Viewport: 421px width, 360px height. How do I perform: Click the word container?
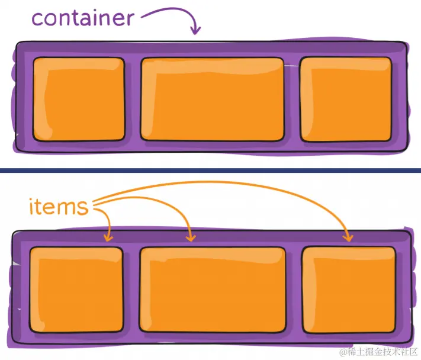pyautogui.click(x=83, y=18)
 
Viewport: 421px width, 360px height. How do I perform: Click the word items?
pyautogui.click(x=59, y=207)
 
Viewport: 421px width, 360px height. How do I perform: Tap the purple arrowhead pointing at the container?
pyautogui.click(x=195, y=30)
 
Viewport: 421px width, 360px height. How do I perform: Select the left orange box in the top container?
pyautogui.click(x=79, y=99)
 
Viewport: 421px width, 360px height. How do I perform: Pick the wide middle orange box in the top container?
pyautogui.click(x=213, y=99)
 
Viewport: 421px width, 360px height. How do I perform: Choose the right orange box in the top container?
pyautogui.click(x=346, y=99)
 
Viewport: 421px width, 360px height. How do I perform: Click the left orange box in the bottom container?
pyautogui.click(x=76, y=290)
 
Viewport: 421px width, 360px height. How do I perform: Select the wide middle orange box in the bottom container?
pyautogui.click(x=213, y=290)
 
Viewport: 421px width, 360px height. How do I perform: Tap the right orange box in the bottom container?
pyautogui.click(x=349, y=290)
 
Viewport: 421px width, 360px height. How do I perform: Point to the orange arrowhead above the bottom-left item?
pyautogui.click(x=108, y=237)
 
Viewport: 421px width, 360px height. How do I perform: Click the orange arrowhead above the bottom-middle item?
pyautogui.click(x=191, y=237)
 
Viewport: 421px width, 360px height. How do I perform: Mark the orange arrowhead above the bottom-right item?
pyautogui.click(x=349, y=237)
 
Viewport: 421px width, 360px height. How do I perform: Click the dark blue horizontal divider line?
pyautogui.click(x=211, y=171)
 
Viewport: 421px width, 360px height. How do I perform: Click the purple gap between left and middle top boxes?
pyautogui.click(x=133, y=99)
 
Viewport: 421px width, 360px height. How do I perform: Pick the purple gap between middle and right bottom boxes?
pyautogui.click(x=294, y=290)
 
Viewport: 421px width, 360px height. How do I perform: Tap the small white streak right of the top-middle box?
pyautogui.click(x=291, y=66)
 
